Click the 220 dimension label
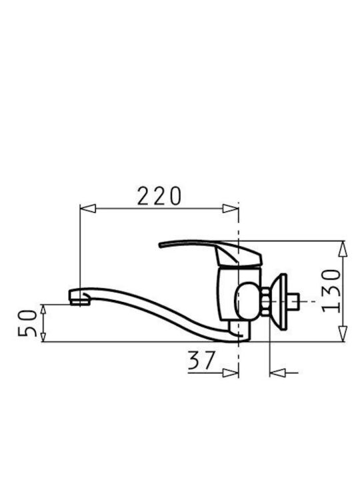pyautogui.click(x=159, y=196)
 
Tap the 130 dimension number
pyautogui.click(x=331, y=291)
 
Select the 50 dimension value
pyautogui.click(x=27, y=323)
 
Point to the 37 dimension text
pyautogui.click(x=201, y=360)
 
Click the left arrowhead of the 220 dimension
pyautogui.click(x=88, y=209)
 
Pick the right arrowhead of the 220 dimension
pyautogui.click(x=231, y=209)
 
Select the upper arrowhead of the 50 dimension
pyautogui.click(x=43, y=309)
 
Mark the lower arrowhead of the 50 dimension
pyautogui.click(x=43, y=337)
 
